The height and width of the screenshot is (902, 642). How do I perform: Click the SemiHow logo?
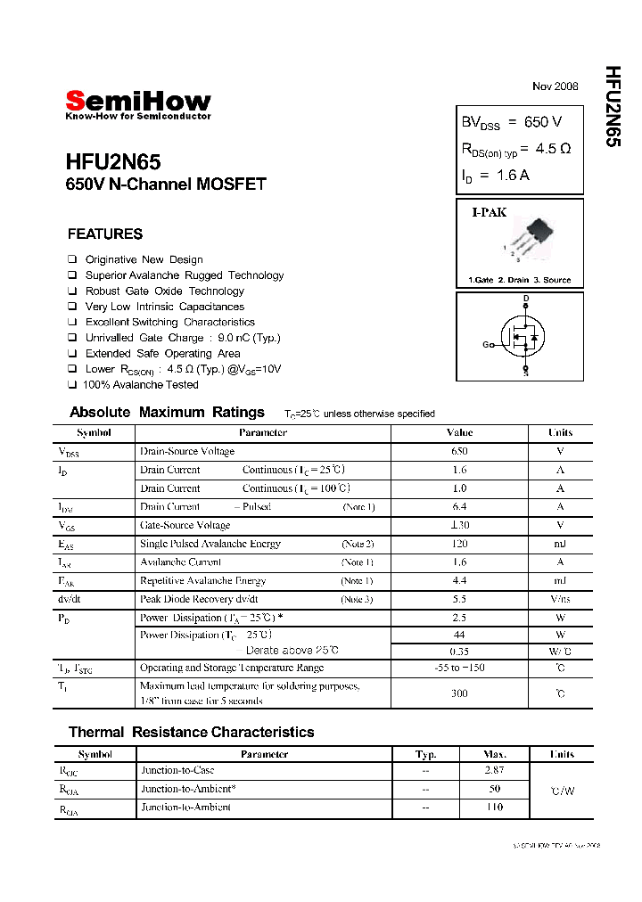click(x=138, y=102)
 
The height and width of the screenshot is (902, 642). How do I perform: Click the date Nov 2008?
click(x=555, y=86)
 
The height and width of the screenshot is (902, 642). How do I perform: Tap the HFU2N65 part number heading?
click(x=113, y=162)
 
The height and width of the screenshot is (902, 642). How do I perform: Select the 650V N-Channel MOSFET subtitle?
click(x=166, y=184)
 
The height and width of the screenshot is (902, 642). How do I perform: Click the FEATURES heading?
click(x=104, y=234)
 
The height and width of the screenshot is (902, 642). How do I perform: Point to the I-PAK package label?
click(x=489, y=213)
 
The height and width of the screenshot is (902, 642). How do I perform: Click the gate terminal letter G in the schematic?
click(x=486, y=344)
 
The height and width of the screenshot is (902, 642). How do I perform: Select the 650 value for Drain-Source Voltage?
click(x=459, y=451)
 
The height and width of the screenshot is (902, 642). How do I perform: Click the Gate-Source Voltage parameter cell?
click(x=185, y=525)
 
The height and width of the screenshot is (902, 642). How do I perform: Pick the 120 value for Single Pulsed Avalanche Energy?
click(x=459, y=544)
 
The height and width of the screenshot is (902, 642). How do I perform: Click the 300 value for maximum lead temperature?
click(x=459, y=693)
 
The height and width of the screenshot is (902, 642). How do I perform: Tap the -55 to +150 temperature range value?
click(x=459, y=668)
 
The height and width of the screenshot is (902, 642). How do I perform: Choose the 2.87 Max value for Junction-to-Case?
click(x=494, y=770)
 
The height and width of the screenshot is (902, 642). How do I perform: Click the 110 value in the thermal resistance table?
click(x=494, y=807)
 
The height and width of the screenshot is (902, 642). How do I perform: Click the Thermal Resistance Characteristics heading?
click(x=191, y=732)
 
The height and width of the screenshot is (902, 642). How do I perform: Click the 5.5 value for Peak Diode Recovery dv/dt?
click(x=459, y=599)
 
